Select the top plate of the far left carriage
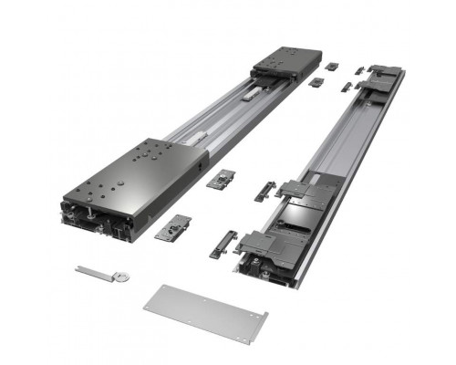coord(284,61)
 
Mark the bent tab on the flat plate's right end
coord(259,318)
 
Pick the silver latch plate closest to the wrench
coord(172,227)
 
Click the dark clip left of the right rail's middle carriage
coord(264,192)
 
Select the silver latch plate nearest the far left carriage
coord(316,83)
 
